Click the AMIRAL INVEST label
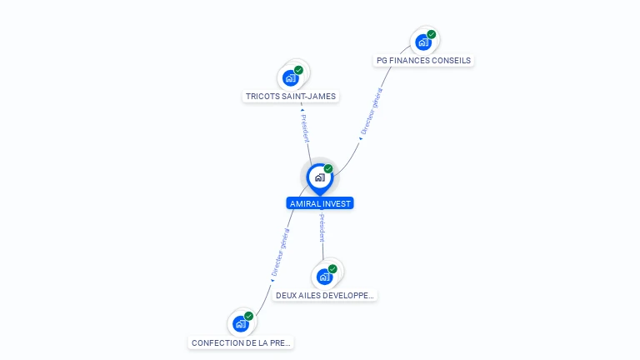click(x=320, y=203)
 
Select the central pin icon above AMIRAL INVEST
click(x=320, y=179)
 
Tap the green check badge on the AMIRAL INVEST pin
click(x=328, y=168)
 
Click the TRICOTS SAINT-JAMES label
click(x=291, y=97)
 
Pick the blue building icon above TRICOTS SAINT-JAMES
click(x=291, y=78)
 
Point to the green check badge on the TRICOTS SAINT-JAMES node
click(x=299, y=70)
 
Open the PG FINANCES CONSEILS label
click(x=423, y=60)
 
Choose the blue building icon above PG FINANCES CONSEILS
click(x=423, y=42)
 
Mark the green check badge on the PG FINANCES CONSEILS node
click(x=432, y=34)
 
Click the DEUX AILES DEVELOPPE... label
click(x=325, y=296)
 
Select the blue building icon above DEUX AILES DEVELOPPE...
click(x=324, y=277)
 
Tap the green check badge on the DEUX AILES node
click(x=332, y=269)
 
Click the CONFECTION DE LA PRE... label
click(x=241, y=342)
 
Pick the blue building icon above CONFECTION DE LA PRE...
click(x=241, y=323)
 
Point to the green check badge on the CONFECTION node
click(x=249, y=316)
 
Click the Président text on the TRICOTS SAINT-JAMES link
click(x=305, y=128)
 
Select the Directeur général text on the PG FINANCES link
click(x=372, y=111)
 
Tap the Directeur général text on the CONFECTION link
click(x=281, y=252)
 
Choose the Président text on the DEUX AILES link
click(x=322, y=227)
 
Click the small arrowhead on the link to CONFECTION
click(x=272, y=280)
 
